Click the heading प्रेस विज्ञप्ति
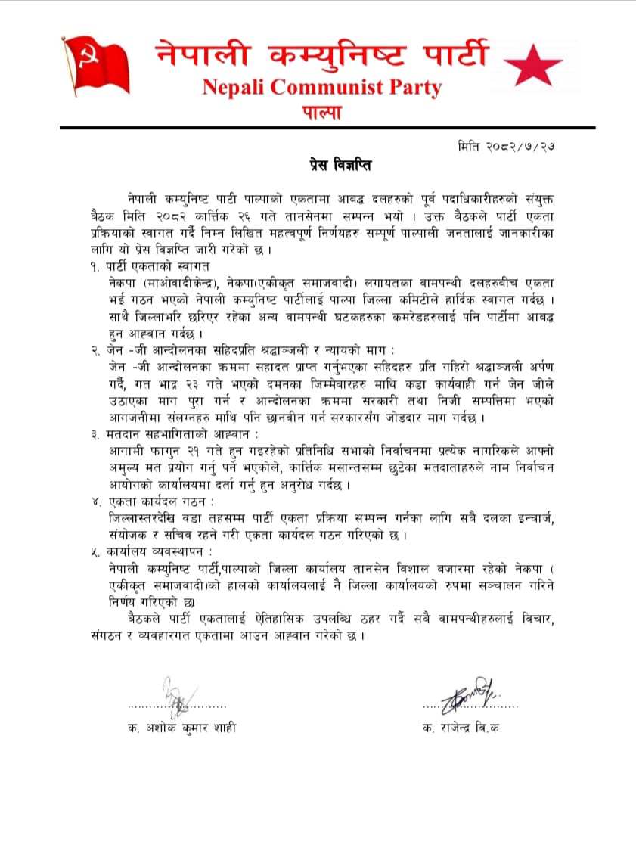pyautogui.click(x=329, y=164)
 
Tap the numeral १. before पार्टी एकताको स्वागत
pyautogui.click(x=95, y=266)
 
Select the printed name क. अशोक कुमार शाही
pyautogui.click(x=182, y=728)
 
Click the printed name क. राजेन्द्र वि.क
pyautogui.click(x=461, y=728)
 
